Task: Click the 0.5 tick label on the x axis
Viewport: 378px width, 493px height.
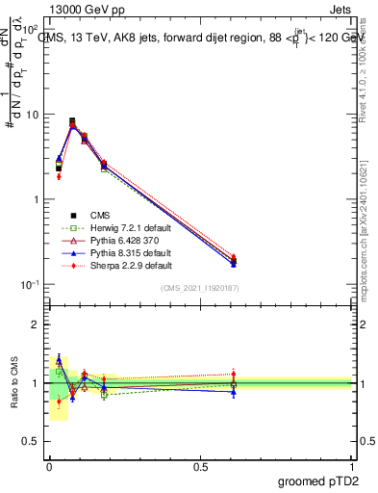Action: [x=200, y=464]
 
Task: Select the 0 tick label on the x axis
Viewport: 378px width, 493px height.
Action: [x=49, y=464]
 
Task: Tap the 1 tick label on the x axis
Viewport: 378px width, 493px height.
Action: [x=352, y=464]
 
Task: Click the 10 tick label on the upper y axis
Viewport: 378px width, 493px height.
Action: [x=33, y=115]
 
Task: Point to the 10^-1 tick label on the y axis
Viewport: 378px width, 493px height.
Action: [x=31, y=284]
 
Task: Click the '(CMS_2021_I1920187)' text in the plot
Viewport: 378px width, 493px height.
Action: [x=199, y=289]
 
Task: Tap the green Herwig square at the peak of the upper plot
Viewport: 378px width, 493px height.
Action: [x=73, y=121]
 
